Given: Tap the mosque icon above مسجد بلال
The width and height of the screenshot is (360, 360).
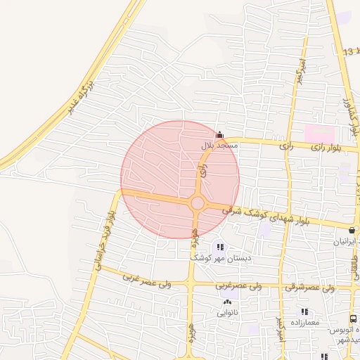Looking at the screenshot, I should click(219, 135).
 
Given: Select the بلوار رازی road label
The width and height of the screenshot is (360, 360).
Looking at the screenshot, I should click(328, 148).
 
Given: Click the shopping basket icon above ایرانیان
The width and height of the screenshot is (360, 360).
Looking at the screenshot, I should click(352, 230).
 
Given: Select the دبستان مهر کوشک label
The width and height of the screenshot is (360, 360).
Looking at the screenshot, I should click(220, 258).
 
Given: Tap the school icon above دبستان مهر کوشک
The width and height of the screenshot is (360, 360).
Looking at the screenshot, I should click(220, 247).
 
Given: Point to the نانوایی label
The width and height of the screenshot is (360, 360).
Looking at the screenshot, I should click(227, 312).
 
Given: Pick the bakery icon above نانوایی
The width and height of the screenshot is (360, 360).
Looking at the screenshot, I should click(227, 302).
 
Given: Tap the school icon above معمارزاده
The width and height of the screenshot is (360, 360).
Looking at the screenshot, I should click(304, 311).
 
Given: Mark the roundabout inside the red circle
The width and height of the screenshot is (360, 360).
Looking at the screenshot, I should click(198, 203).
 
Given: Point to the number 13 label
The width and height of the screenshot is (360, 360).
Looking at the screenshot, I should click(349, 53).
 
